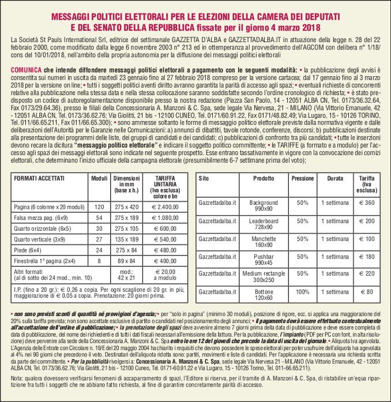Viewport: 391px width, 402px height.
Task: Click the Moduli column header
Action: [99, 178]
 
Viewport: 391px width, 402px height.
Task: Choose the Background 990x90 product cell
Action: [264, 206]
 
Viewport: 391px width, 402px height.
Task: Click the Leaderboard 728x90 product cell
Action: [264, 224]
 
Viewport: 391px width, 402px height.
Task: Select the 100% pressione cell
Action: [302, 292]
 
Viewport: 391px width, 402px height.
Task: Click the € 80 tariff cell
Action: [366, 292]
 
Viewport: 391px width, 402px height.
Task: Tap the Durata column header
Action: [334, 179]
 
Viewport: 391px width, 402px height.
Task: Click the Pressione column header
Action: [302, 179]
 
